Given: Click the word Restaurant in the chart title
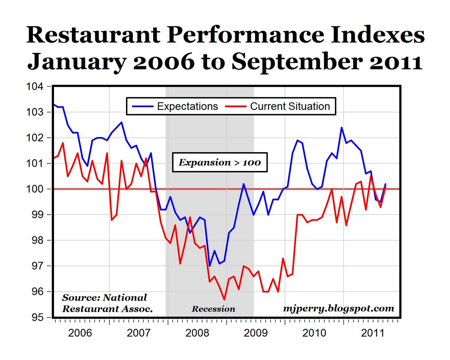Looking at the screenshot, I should (x=93, y=35).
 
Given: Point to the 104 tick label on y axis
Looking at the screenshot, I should (x=35, y=86).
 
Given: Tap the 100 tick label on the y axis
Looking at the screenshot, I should (x=35, y=189).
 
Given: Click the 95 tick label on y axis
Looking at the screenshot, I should (x=37, y=317).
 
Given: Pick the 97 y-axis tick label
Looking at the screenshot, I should (x=37, y=266).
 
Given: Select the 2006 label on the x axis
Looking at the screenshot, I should (x=80, y=333).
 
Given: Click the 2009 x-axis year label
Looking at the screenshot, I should (x=256, y=333).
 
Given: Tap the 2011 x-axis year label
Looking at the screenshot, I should (x=372, y=333).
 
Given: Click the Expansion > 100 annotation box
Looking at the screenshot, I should (x=220, y=162).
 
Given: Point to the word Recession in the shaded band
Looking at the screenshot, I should (x=213, y=309).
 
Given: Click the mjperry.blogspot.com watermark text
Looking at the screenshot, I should (x=338, y=308).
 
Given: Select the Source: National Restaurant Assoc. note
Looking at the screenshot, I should (x=107, y=303).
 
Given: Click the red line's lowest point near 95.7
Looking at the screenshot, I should (x=224, y=300).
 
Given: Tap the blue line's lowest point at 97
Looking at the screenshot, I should (x=210, y=266).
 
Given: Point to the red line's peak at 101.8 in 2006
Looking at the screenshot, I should (x=63, y=143).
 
